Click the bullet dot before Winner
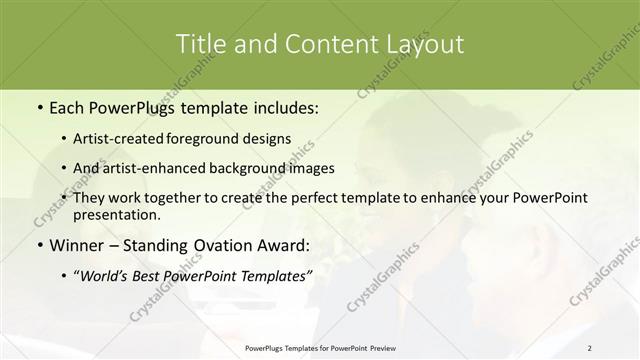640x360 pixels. click(38, 245)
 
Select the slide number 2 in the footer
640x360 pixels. click(590, 348)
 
